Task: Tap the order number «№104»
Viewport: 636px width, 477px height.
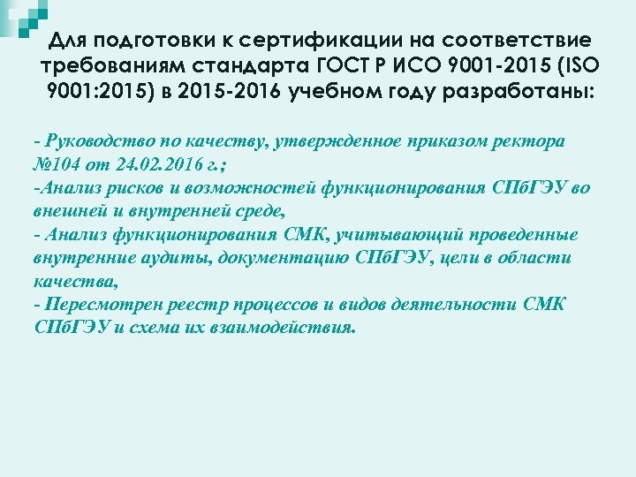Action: tap(58, 164)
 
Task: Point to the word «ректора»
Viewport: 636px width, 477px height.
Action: tap(535, 140)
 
